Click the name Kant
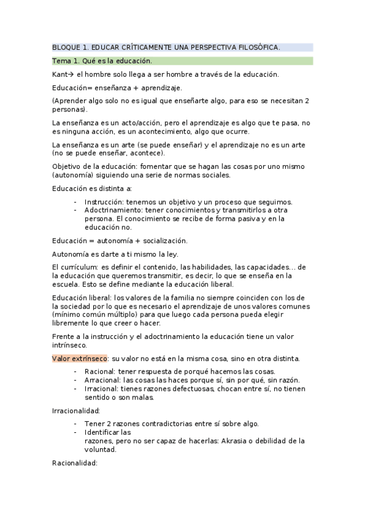(x=60, y=74)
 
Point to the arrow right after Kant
(x=71, y=74)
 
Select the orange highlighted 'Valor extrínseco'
(x=80, y=357)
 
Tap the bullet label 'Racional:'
(x=101, y=372)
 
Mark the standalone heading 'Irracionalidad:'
(x=76, y=411)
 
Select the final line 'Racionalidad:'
(x=75, y=463)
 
